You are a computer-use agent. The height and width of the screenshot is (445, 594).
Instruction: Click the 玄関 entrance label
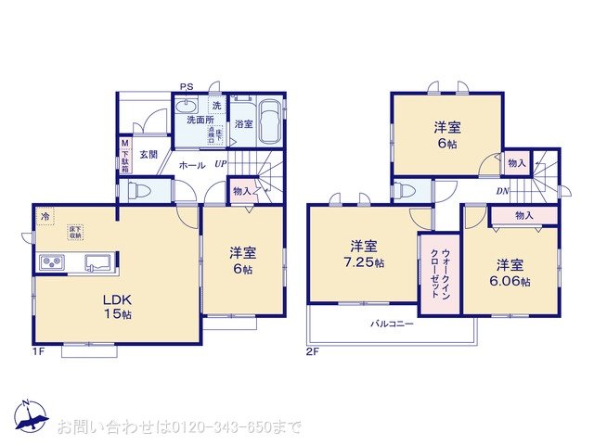[x=148, y=155]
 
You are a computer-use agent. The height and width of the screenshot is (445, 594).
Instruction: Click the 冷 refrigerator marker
[x=45, y=217]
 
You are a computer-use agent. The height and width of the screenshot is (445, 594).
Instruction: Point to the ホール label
[x=191, y=165]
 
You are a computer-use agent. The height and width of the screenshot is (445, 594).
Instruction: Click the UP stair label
[x=220, y=165]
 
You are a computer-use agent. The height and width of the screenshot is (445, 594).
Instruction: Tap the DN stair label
[x=501, y=192]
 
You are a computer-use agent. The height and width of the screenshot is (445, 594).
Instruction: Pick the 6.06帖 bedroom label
[x=512, y=272]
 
